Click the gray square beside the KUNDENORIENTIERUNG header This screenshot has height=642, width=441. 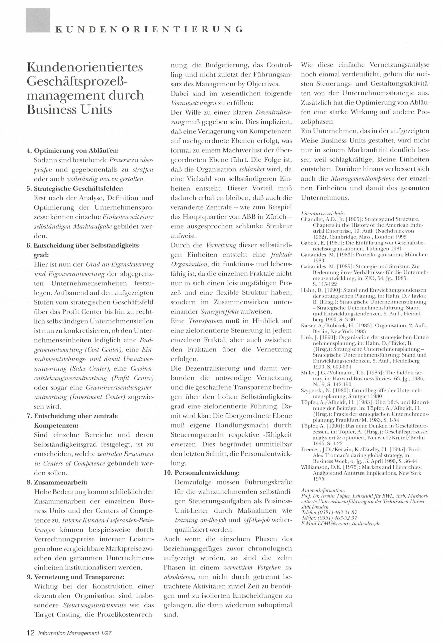pyautogui.click(x=38, y=21)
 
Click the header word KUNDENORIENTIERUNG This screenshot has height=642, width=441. pyautogui.click(x=149, y=29)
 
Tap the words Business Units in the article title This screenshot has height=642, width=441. pyautogui.click(x=69, y=109)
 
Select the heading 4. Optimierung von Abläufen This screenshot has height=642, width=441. pyautogui.click(x=73, y=151)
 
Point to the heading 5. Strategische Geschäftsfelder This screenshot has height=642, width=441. pyautogui.click(x=75, y=189)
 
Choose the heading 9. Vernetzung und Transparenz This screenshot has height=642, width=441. pyautogui.click(x=75, y=577)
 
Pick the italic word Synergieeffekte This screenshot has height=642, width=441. pyautogui.click(x=220, y=312)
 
